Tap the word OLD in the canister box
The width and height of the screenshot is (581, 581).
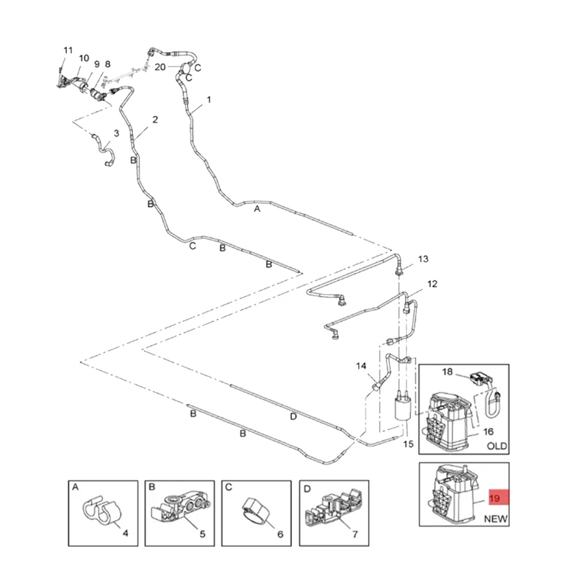click(497, 446)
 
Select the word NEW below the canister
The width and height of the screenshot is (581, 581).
click(496, 519)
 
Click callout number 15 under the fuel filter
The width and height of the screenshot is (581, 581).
click(407, 444)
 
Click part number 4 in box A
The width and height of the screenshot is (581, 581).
click(125, 534)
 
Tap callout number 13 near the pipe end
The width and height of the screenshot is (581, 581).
click(423, 259)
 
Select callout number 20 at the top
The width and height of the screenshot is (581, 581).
click(160, 67)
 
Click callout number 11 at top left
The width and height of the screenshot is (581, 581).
click(68, 50)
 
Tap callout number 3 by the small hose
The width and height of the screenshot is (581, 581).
click(116, 134)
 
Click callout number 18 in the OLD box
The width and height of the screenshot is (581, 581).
click(448, 372)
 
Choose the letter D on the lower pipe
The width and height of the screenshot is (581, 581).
click(293, 416)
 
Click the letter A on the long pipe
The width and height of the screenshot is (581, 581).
click(256, 208)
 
